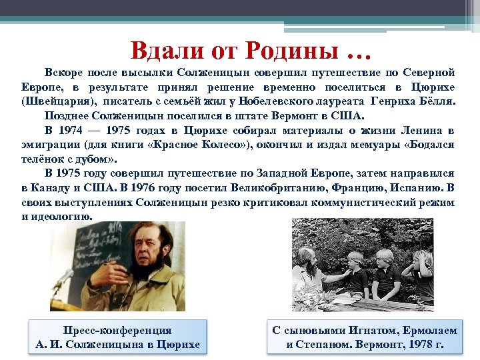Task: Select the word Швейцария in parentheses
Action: point(58,101)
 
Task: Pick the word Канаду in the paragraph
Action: point(53,187)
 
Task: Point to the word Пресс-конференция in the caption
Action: point(117,331)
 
